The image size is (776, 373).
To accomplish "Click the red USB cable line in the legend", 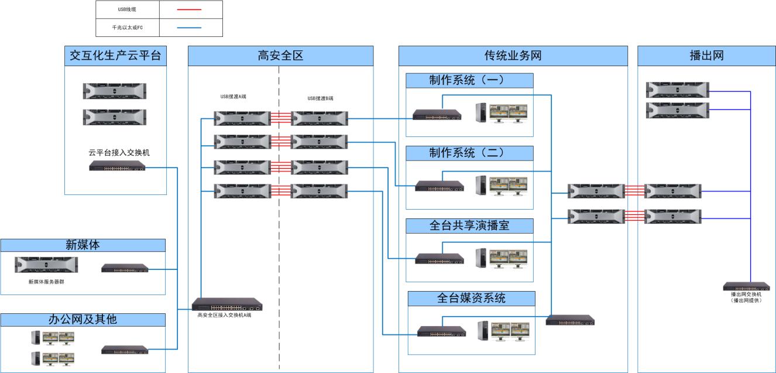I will point(188,9).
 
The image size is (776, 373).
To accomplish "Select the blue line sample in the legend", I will point(188,28).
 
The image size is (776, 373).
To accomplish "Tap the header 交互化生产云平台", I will point(115,56).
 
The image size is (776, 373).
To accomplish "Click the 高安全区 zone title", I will point(280,56).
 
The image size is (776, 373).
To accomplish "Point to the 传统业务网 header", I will point(513,56).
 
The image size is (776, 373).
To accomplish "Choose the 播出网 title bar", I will point(706,56).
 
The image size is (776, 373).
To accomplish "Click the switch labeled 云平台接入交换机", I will point(117,167).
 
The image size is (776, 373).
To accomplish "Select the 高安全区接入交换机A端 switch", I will point(227,304).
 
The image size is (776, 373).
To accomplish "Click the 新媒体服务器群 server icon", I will point(46,265).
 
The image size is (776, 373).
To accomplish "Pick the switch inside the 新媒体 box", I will point(125,268).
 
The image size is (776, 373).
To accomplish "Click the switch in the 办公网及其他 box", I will point(125,350).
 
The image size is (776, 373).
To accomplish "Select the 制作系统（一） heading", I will point(469,80).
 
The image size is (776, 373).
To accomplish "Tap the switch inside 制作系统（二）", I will point(439,186).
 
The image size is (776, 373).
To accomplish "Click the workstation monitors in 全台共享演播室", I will point(508,258).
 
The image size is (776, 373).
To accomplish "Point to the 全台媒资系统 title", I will point(471,298).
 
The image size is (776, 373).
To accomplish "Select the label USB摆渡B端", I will point(320,98).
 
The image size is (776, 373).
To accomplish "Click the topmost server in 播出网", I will point(678,90).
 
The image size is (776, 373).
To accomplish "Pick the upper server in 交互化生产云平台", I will point(114,91).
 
